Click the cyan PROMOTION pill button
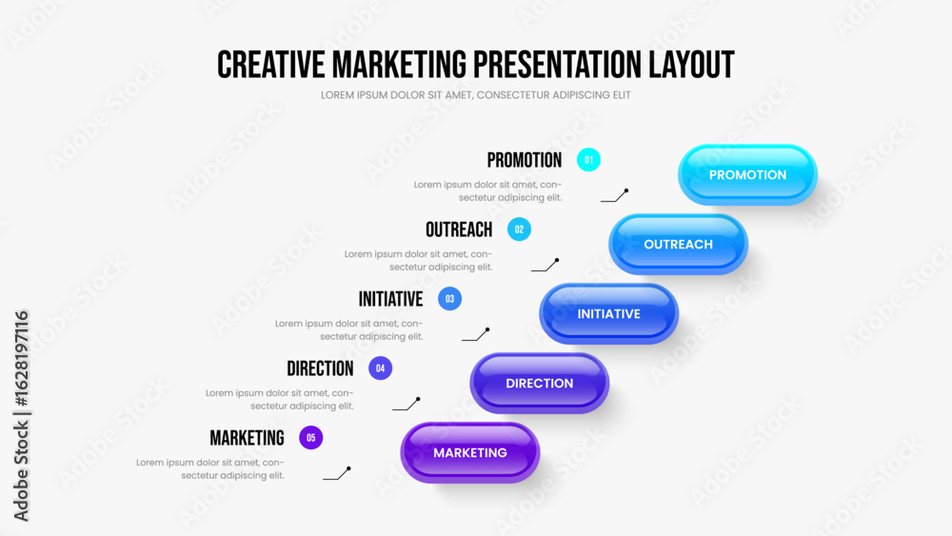(x=747, y=175)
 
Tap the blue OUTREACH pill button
(x=678, y=244)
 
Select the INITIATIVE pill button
(x=609, y=314)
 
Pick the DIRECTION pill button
(x=539, y=383)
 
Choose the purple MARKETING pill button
(x=470, y=453)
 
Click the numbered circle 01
(x=588, y=160)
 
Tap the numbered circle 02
(x=519, y=229)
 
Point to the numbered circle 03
(x=450, y=299)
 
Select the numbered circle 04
(x=380, y=368)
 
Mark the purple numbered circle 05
(x=311, y=438)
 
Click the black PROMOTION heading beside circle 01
(x=525, y=160)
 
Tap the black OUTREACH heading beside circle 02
(x=459, y=229)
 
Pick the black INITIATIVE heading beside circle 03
(x=391, y=299)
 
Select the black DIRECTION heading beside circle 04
(x=320, y=368)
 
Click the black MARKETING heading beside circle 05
(x=248, y=438)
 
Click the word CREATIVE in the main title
(x=271, y=65)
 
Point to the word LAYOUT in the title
(x=691, y=65)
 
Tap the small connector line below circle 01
(x=614, y=196)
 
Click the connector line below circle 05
(x=336, y=473)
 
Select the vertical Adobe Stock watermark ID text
(x=21, y=416)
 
